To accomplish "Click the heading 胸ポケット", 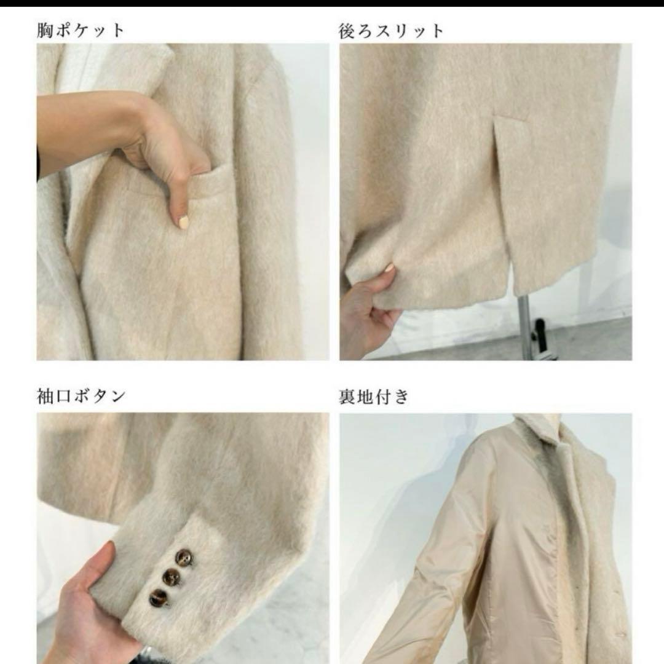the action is (80, 31).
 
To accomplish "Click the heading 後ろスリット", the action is (391, 31).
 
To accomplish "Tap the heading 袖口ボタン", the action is (81, 397).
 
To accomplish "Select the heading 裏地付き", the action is (374, 397).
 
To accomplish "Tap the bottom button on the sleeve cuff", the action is (159, 597).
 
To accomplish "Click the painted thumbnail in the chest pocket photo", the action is (184, 221).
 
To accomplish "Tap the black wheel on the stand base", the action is (540, 333).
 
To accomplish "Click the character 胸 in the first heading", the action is (44, 31).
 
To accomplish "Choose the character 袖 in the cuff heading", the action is (44, 397).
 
